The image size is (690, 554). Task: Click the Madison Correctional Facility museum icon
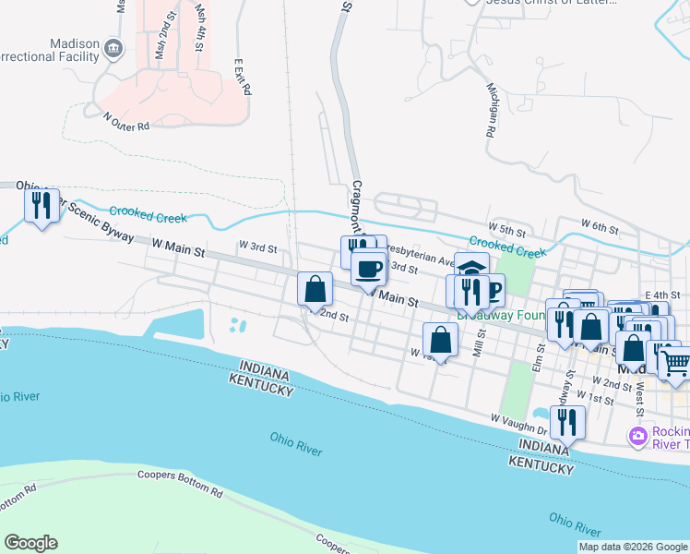pyautogui.click(x=113, y=48)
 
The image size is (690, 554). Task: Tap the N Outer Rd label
pyautogui.click(x=126, y=121)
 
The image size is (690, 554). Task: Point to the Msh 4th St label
pyautogui.click(x=199, y=26)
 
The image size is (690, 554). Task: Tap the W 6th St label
pyautogui.click(x=599, y=225)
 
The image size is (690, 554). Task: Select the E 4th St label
pyautogui.click(x=661, y=294)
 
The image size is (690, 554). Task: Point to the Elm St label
pyautogui.click(x=537, y=359)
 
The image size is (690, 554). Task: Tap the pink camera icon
pyautogui.click(x=636, y=435)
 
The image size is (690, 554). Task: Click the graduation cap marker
pyautogui.click(x=471, y=269)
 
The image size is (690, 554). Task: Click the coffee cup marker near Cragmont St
pyautogui.click(x=369, y=269)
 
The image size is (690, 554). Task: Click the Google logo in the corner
pyautogui.click(x=31, y=543)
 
